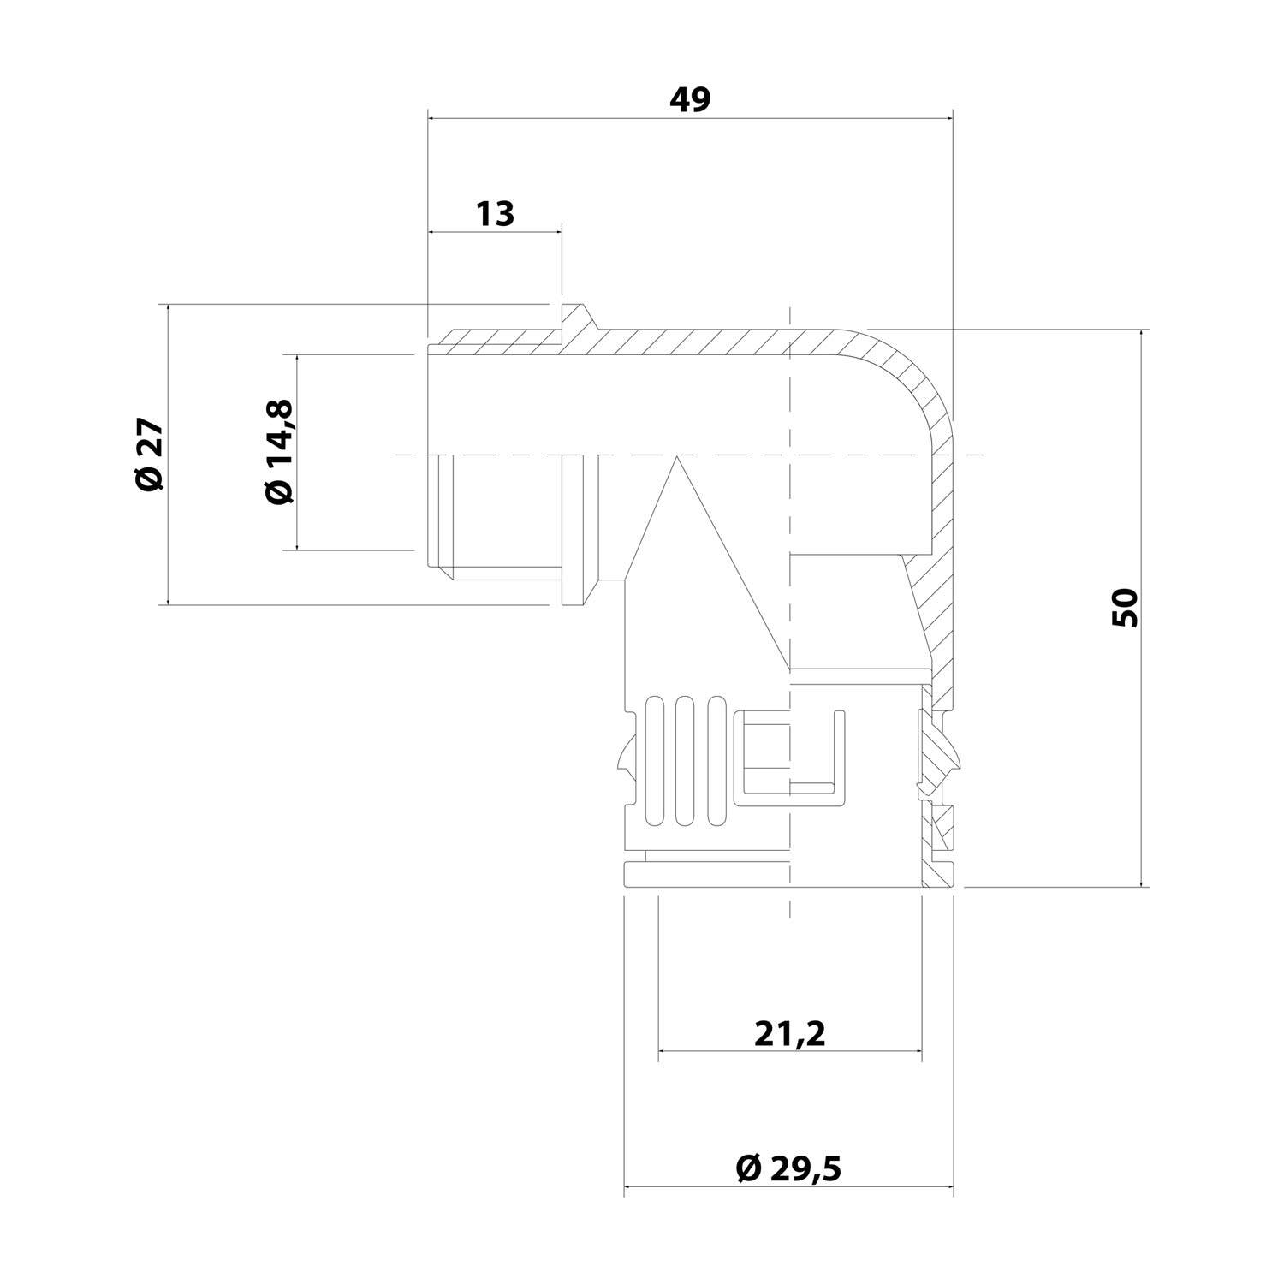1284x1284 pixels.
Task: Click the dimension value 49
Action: pyautogui.click(x=689, y=100)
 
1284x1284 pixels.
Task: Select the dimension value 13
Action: pyautogui.click(x=495, y=213)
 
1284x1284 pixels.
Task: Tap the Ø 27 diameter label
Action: pyautogui.click(x=149, y=455)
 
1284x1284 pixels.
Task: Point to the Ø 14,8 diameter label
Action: pyautogui.click(x=280, y=452)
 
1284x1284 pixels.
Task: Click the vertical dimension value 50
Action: pyautogui.click(x=1126, y=608)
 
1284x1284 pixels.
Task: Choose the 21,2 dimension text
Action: pyautogui.click(x=789, y=1034)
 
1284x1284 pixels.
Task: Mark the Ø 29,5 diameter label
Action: pyautogui.click(x=788, y=1168)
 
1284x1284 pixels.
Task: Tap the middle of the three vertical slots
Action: pyautogui.click(x=682, y=762)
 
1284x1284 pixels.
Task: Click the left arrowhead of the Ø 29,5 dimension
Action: pyautogui.click(x=630, y=1186)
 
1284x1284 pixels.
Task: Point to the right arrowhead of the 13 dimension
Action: pyautogui.click(x=557, y=231)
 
